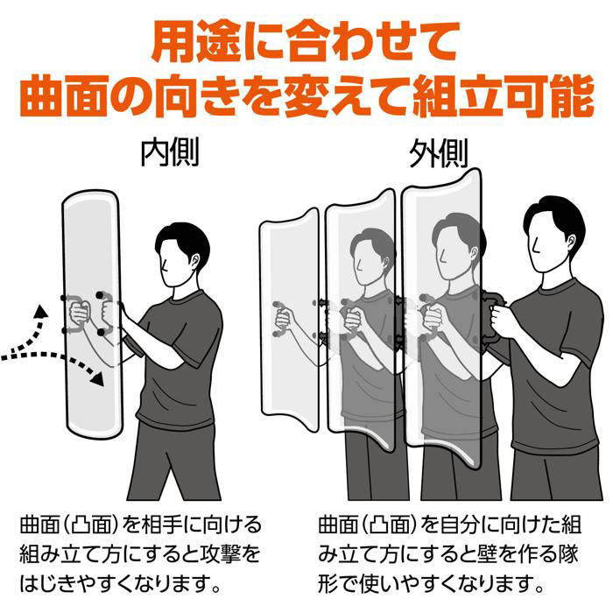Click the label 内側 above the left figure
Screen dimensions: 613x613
[x=170, y=151]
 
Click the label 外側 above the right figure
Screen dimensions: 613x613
[x=438, y=153]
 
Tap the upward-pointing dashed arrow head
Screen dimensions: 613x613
[x=40, y=311]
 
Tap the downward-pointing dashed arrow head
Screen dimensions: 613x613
[x=97, y=378]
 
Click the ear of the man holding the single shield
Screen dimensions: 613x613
[x=194, y=261]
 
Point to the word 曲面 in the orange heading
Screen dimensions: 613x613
[x=64, y=96]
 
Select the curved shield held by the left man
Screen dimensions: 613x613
[x=92, y=314]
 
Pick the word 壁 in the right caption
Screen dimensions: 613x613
[x=488, y=554]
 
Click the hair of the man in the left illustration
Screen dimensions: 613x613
[x=183, y=237]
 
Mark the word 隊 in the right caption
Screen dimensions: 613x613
[x=569, y=554]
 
